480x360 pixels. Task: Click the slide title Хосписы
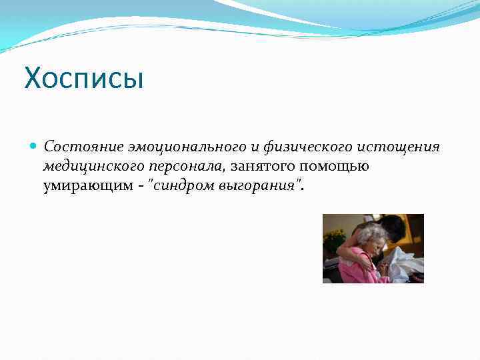(84, 79)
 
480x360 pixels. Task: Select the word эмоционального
(168, 146)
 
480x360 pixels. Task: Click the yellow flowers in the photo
(333, 239)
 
